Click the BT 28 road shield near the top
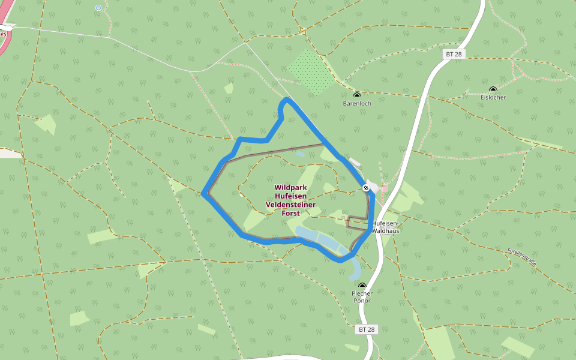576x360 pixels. coord(454,54)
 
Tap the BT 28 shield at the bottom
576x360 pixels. coord(367,329)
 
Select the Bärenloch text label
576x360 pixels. coord(357,103)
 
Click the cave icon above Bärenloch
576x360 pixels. coord(357,95)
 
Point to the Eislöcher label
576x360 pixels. coord(493,97)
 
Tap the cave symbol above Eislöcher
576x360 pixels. coord(493,89)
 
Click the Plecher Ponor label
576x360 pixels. coord(362,297)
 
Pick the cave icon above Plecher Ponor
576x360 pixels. coord(362,286)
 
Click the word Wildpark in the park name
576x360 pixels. coord(290,187)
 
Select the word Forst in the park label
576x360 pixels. coord(290,213)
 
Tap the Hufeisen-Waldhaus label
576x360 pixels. coord(385,227)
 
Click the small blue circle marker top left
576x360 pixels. coord(98,8)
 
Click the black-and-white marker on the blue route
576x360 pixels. coord(366,188)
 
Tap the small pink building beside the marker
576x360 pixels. coord(384,188)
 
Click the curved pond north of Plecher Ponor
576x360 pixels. coord(354,268)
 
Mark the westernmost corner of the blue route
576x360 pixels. coord(204,193)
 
